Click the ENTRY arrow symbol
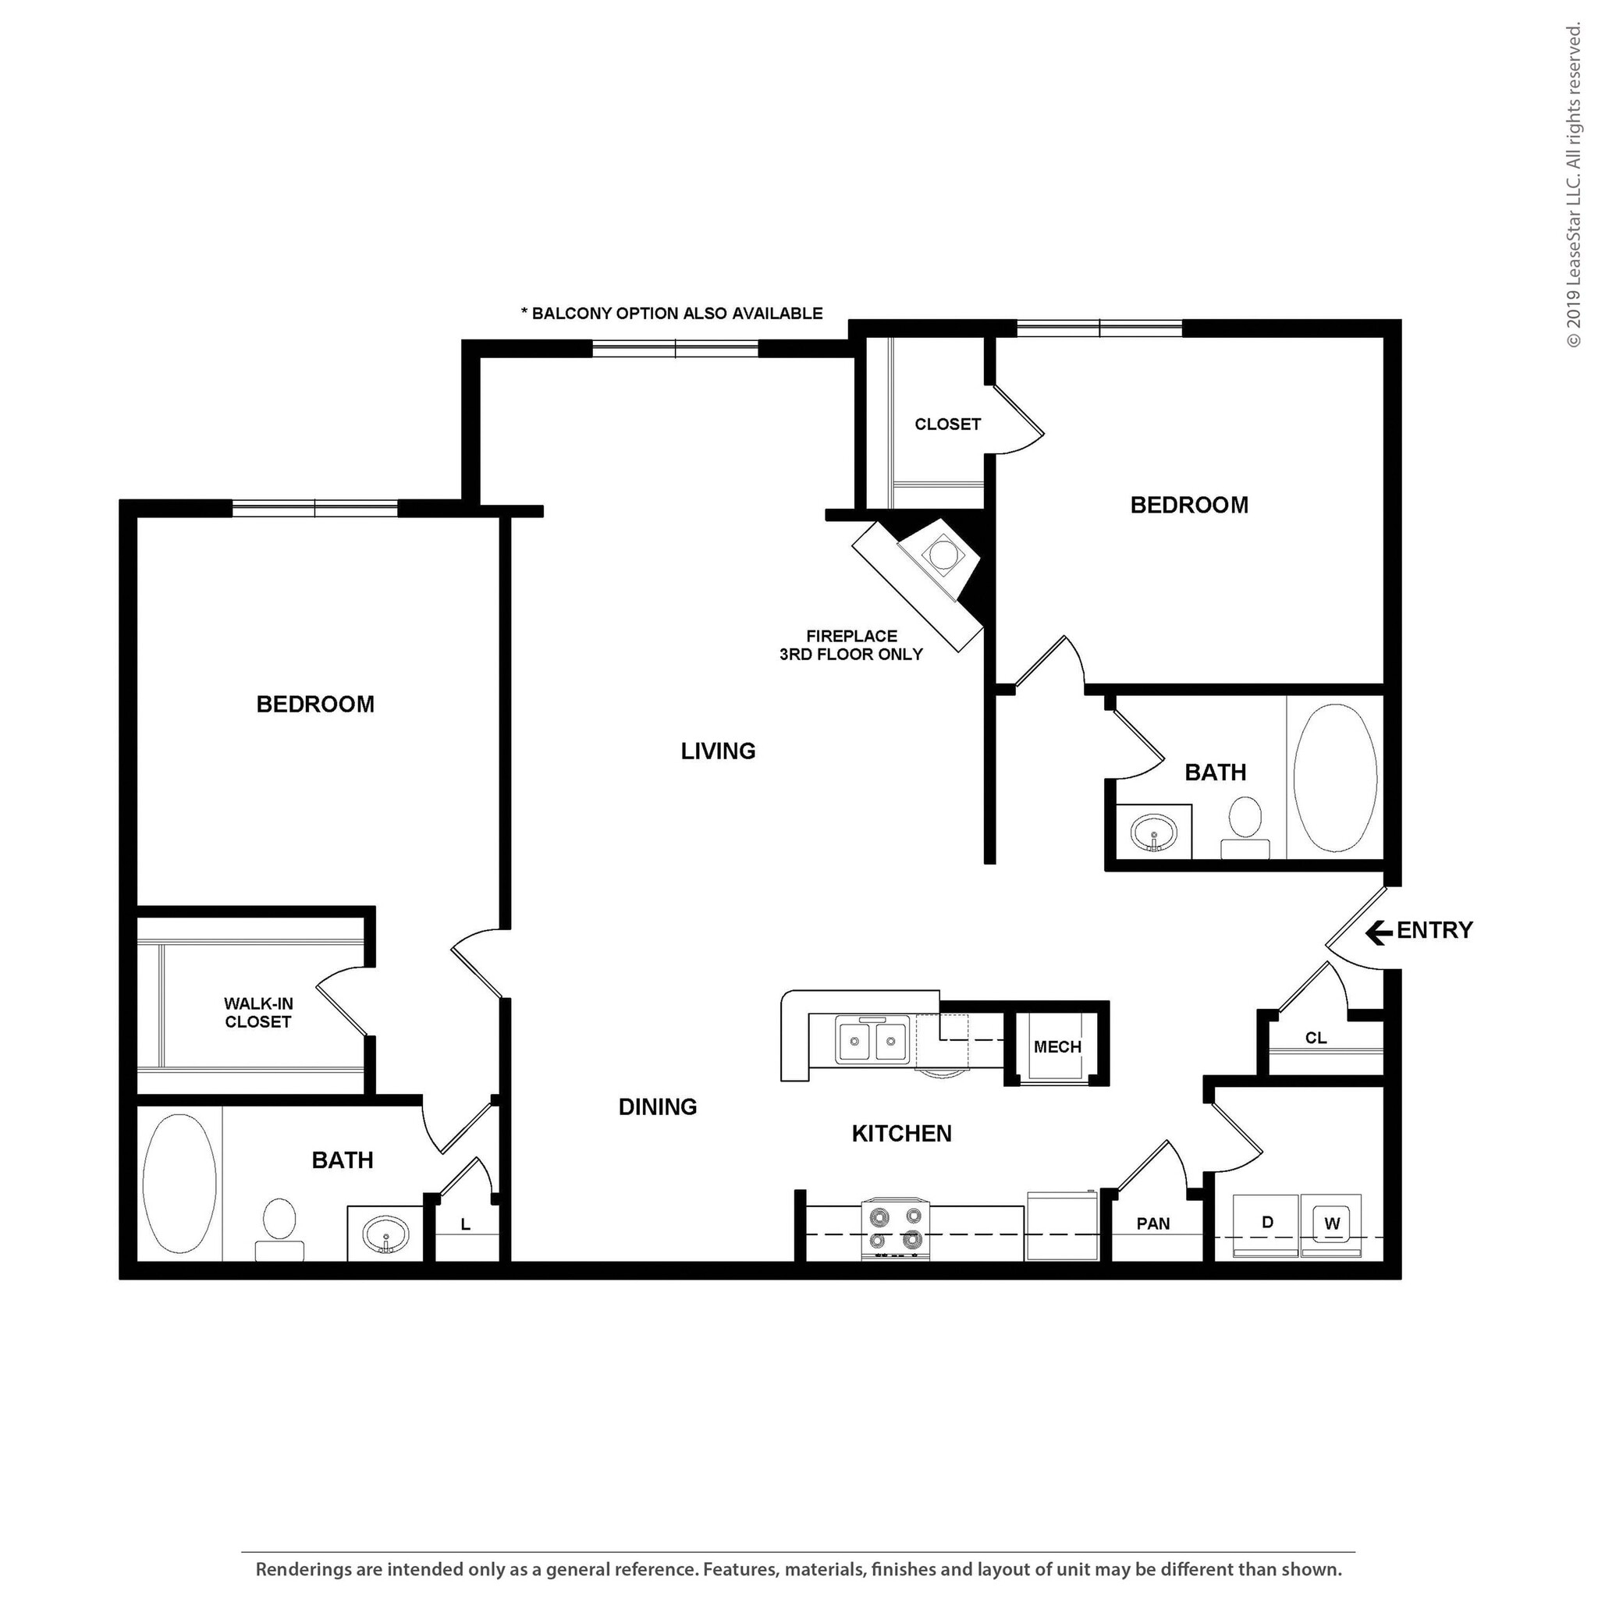[x=1379, y=934]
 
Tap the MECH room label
[x=1057, y=1047]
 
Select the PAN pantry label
[x=1153, y=1223]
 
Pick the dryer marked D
[x=1266, y=1223]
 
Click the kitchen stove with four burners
[x=896, y=1228]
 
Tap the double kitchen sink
[x=872, y=1039]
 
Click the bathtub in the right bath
[x=1335, y=777]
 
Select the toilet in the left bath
[x=279, y=1228]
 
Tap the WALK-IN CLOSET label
[x=258, y=1012]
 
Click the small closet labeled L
[x=466, y=1225]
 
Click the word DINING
[x=658, y=1106]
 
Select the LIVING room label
[x=718, y=751]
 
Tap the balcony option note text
[x=672, y=314]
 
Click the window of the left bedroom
[x=314, y=508]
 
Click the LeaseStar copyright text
[x=1573, y=186]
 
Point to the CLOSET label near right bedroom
[x=947, y=424]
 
